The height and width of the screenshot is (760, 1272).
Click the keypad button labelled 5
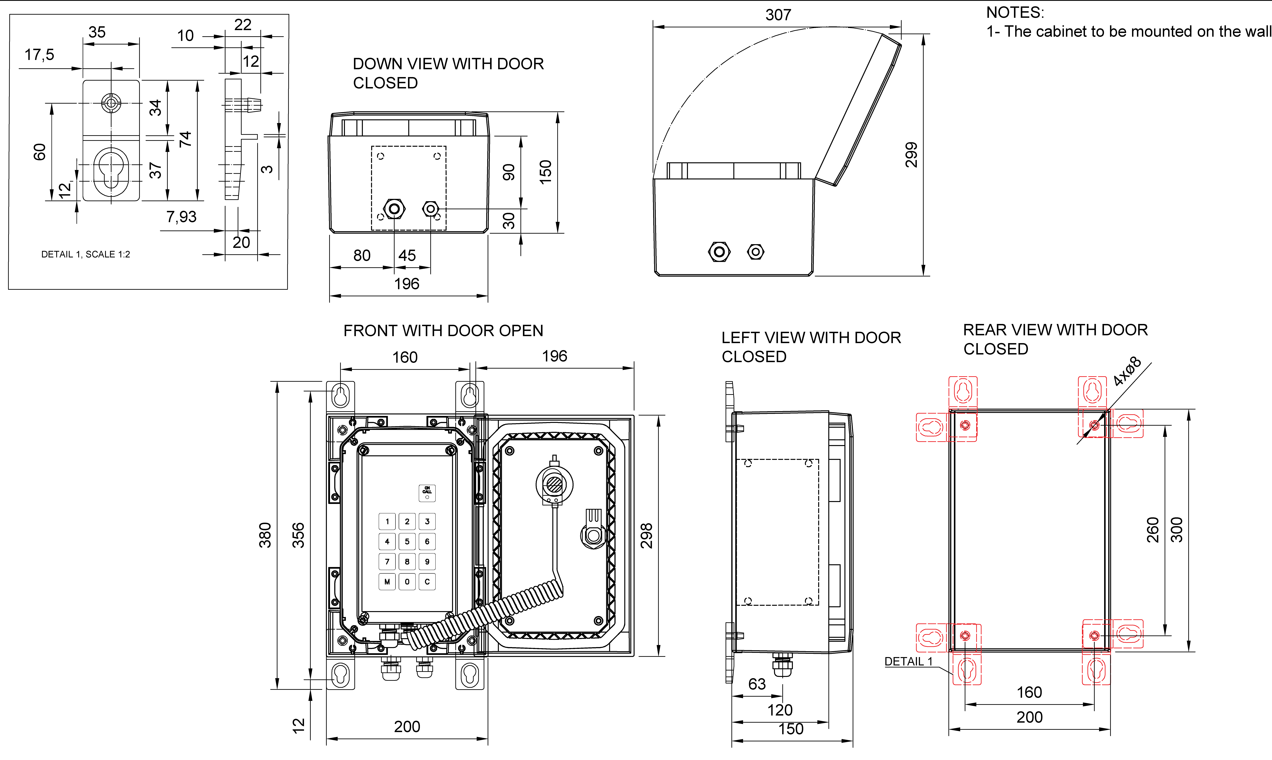click(x=407, y=541)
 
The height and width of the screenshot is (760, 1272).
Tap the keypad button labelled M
click(x=387, y=582)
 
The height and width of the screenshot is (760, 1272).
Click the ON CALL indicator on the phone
click(x=427, y=493)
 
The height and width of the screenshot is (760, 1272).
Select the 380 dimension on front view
click(x=265, y=535)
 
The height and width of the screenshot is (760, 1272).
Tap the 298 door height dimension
click(x=646, y=536)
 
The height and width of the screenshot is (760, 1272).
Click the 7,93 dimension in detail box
click(x=181, y=217)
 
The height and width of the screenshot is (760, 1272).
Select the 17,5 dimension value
click(x=39, y=55)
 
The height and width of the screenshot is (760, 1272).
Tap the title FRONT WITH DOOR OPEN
click(x=443, y=331)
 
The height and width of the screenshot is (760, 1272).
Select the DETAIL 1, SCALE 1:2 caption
click(x=86, y=255)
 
